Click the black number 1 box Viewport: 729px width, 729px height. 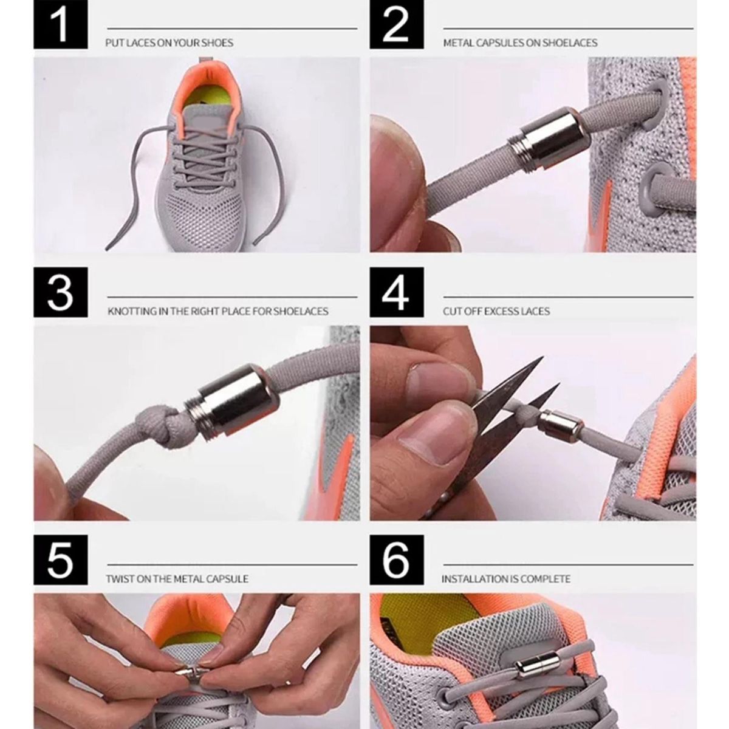tap(61, 24)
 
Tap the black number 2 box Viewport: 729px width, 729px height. tap(397, 24)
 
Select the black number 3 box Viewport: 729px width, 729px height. tap(61, 292)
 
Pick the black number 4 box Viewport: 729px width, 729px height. tap(397, 292)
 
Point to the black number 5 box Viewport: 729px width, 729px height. tap(61, 560)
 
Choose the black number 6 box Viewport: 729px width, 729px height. tap(397, 560)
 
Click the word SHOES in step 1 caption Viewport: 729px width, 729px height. tap(217, 43)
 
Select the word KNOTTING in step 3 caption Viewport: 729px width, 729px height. tap(132, 312)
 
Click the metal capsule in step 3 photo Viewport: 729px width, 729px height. tap(232, 403)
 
